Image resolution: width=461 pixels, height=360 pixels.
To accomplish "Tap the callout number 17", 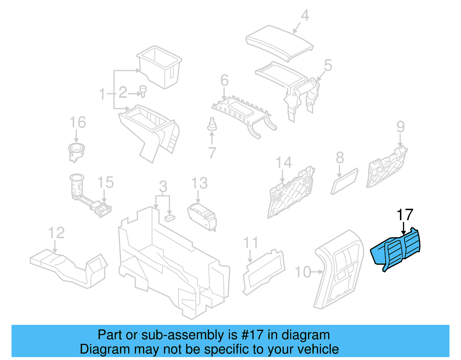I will click(405, 215).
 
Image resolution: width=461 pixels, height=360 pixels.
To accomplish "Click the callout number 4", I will click(305, 16).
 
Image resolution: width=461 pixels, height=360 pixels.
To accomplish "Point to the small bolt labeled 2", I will click(143, 91).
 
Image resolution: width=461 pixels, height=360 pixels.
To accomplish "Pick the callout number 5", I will click(328, 65).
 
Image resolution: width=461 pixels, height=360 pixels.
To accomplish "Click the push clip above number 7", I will click(212, 125).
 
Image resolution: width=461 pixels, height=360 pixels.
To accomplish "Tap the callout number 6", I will click(224, 80).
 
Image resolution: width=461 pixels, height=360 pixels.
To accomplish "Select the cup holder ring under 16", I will click(76, 150).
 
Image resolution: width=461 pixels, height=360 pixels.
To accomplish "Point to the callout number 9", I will click(400, 127).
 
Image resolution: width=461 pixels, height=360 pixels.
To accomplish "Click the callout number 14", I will click(284, 163).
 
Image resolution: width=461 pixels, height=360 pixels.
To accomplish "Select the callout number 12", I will click(56, 233).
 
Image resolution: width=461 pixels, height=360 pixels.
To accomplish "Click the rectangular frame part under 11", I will click(264, 271).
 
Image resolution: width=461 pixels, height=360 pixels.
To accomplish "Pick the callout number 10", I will click(303, 272).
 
